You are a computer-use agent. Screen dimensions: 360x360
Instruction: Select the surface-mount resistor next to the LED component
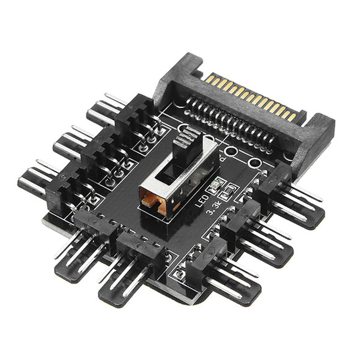(x=228, y=191)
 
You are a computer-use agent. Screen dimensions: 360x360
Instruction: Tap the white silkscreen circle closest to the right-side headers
(x=253, y=163)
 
